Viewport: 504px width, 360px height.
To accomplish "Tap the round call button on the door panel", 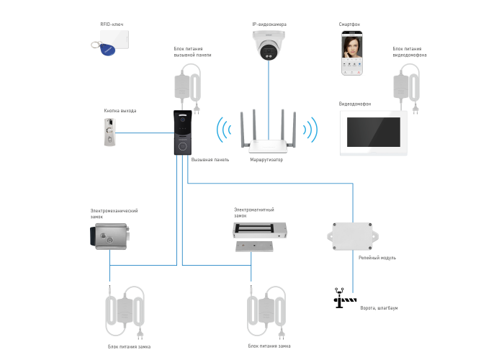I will tap(183, 144).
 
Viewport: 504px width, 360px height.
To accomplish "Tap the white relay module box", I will tap(352, 235).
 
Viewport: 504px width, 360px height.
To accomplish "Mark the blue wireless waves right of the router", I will tap(311, 130).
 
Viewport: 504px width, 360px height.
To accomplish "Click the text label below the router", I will tap(267, 160).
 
